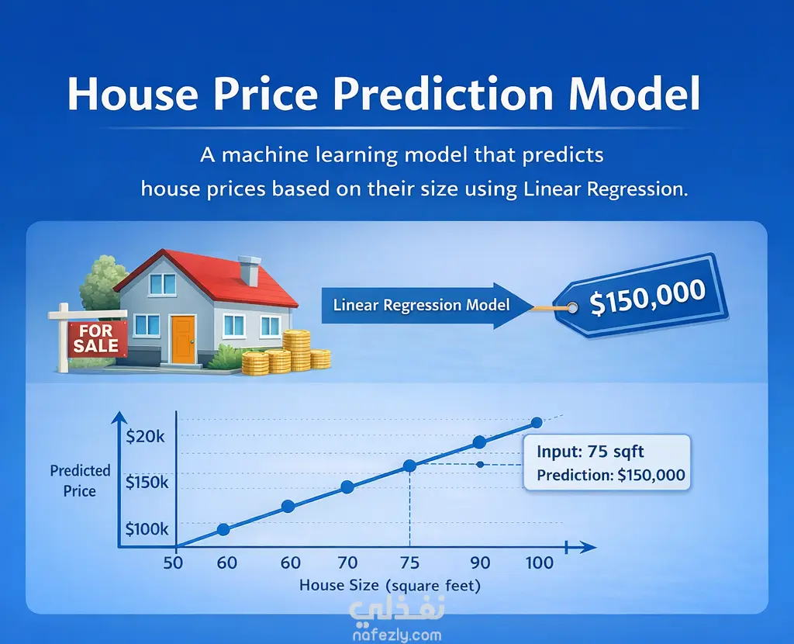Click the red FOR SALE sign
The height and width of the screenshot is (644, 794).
click(x=97, y=339)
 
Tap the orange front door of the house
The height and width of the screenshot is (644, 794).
click(x=183, y=340)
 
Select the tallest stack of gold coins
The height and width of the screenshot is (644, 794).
click(x=296, y=350)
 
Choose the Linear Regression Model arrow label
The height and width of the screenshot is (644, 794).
click(x=421, y=305)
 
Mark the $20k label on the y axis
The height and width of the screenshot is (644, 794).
click(x=145, y=436)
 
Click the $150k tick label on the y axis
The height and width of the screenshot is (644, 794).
click(x=147, y=483)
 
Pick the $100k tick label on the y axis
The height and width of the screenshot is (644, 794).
click(x=147, y=529)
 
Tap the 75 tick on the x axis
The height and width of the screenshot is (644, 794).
click(x=409, y=563)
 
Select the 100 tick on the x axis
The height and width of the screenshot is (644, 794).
click(x=540, y=563)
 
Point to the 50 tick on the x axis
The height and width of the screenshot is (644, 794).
click(x=173, y=563)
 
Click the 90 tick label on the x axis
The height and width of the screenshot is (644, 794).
click(x=480, y=563)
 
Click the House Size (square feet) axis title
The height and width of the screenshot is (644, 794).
click(x=390, y=586)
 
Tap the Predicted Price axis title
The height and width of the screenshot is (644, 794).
click(x=80, y=481)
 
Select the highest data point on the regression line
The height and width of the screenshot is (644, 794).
click(x=537, y=422)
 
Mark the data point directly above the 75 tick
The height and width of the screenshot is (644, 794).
click(x=409, y=466)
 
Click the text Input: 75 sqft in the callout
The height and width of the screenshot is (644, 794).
click(x=590, y=452)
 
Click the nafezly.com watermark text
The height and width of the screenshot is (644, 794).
click(x=397, y=635)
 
